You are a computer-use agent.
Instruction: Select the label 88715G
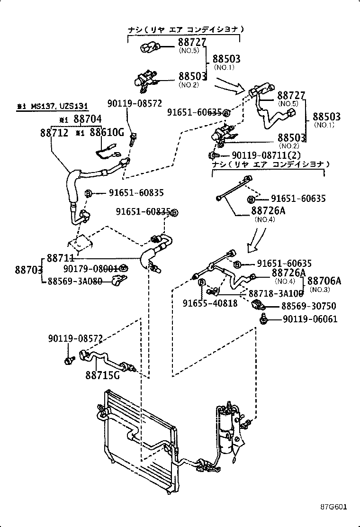tap(102, 375)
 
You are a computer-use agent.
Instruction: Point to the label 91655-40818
tap(210, 303)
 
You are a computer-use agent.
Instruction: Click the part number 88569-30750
tap(309, 306)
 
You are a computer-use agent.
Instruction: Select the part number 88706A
tap(324, 281)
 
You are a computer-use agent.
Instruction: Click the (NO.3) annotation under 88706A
tap(320, 290)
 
